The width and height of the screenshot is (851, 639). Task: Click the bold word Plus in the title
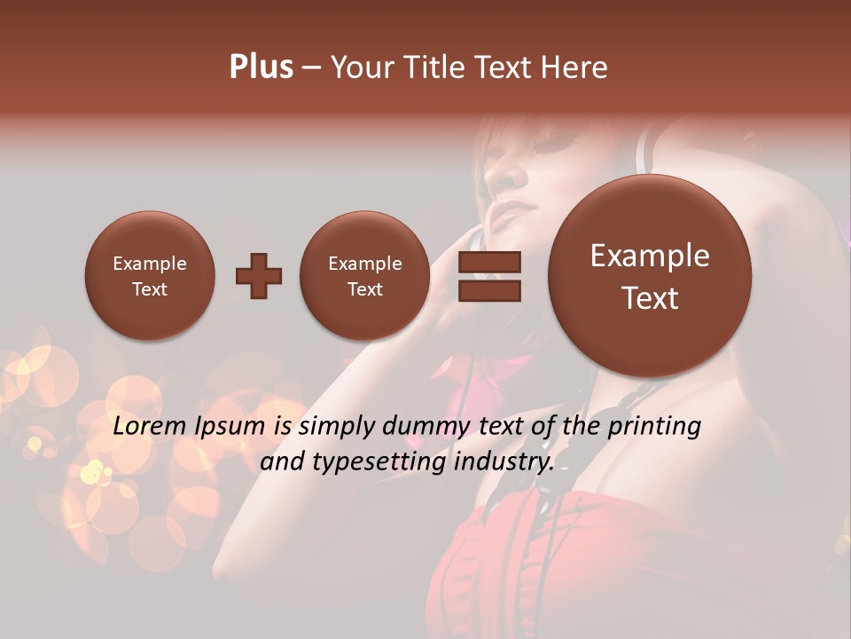pyautogui.click(x=261, y=67)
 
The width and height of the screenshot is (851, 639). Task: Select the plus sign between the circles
pyautogui.click(x=259, y=276)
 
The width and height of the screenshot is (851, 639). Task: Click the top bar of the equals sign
pyautogui.click(x=489, y=263)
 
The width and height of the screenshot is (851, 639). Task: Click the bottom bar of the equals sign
pyautogui.click(x=489, y=290)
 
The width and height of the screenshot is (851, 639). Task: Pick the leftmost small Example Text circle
pyautogui.click(x=150, y=276)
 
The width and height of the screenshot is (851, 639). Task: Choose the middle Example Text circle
pyautogui.click(x=364, y=276)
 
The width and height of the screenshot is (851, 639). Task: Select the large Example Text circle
pyautogui.click(x=650, y=276)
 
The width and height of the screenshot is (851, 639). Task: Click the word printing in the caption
pyautogui.click(x=653, y=427)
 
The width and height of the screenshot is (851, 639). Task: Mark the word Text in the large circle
pyautogui.click(x=650, y=298)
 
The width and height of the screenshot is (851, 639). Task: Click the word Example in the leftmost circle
pyautogui.click(x=150, y=264)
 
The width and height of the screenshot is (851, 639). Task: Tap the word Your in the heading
pyautogui.click(x=362, y=67)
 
